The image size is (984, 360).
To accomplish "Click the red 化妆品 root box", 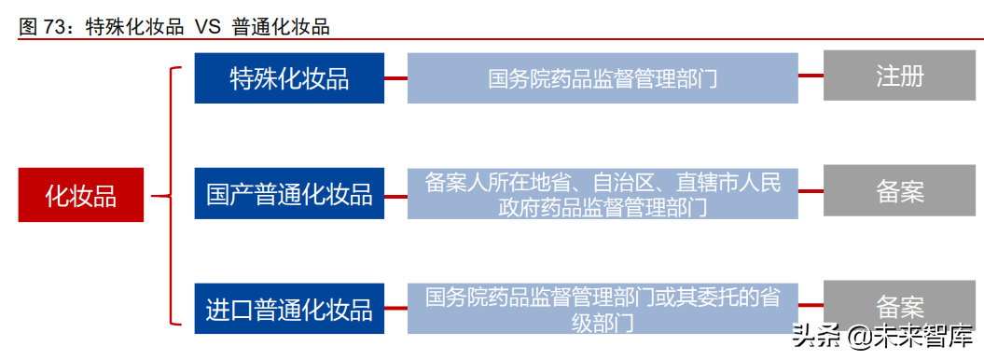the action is click(81, 195).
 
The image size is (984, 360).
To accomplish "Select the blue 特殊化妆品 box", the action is click(289, 78).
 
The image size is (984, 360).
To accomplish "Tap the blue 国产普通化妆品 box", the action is click(289, 194).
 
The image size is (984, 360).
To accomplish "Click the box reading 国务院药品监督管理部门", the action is click(603, 78).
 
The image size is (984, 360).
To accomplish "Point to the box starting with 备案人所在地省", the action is click(603, 194).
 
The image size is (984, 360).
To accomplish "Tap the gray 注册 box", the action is click(899, 76).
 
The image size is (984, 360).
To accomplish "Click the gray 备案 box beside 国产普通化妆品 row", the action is click(899, 192).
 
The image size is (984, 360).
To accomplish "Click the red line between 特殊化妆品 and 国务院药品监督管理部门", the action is click(395, 78).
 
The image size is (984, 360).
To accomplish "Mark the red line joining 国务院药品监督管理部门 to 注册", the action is click(811, 76).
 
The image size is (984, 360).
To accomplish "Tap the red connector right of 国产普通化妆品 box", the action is click(395, 194).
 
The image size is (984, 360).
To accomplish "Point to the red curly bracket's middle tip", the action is click(155, 196).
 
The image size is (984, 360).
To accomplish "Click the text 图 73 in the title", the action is click(46, 27).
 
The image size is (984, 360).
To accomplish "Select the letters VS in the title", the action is click(207, 27).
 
